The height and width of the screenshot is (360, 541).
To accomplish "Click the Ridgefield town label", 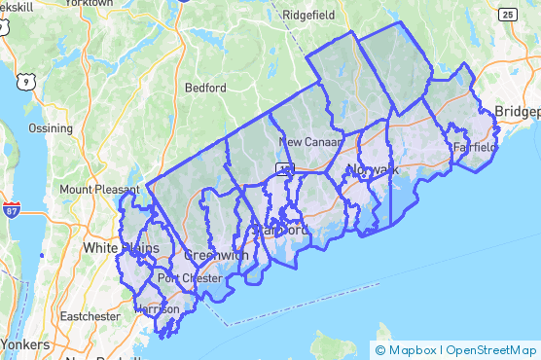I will [x=307, y=16].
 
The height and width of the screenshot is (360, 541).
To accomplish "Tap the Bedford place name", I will [x=205, y=87].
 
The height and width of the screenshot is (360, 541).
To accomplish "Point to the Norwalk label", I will [x=372, y=169].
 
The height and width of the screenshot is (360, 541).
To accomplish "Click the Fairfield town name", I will [x=475, y=147].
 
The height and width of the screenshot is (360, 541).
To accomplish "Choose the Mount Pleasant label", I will [x=95, y=189].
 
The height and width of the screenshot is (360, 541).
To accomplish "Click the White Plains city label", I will [x=121, y=248].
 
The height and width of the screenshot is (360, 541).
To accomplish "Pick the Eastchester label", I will [x=90, y=316].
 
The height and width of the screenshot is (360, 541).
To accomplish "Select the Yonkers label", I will [x=25, y=344].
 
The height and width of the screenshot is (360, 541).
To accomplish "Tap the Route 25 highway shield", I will [x=506, y=15].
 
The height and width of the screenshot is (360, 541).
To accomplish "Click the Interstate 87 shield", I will [x=12, y=209].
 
